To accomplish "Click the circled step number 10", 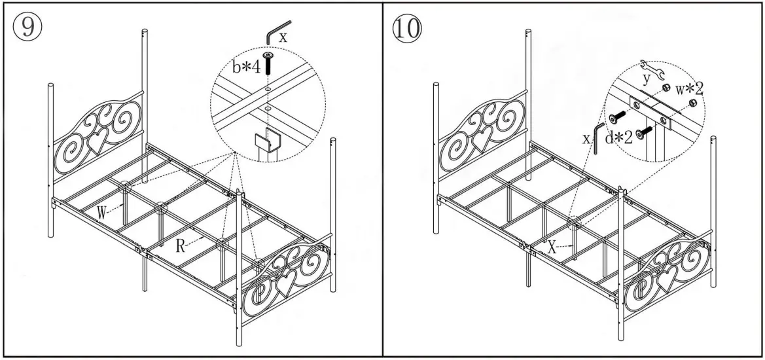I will [406, 27].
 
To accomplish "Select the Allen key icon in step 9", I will [273, 31].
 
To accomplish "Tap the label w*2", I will [689, 88].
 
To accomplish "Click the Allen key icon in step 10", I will [599, 136].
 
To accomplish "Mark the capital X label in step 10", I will [553, 247].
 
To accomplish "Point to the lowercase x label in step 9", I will [282, 37].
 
